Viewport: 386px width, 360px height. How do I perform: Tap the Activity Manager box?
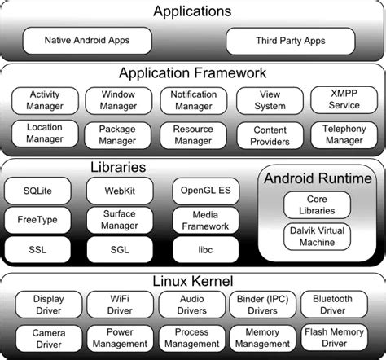click(44, 100)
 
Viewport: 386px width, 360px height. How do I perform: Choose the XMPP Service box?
click(344, 100)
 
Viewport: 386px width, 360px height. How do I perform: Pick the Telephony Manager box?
click(344, 134)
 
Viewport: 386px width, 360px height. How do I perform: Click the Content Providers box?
click(270, 134)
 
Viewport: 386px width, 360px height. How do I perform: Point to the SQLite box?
click(37, 191)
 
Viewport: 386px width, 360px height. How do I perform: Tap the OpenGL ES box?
click(205, 191)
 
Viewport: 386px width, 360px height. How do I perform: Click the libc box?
click(205, 249)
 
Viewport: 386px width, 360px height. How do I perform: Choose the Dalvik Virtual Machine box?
click(316, 236)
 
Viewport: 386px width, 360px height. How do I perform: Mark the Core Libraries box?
click(316, 205)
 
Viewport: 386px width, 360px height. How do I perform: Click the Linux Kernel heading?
click(193, 281)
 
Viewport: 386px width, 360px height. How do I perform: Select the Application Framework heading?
click(193, 73)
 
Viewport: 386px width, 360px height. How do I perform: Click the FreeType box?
click(37, 220)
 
